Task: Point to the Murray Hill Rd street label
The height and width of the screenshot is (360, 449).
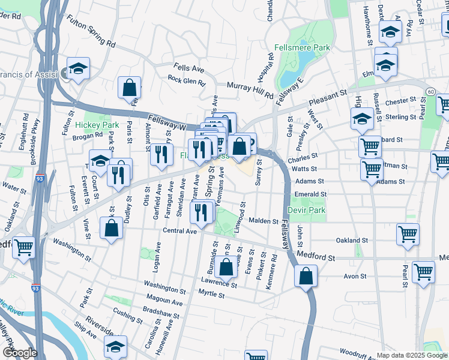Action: (250, 90)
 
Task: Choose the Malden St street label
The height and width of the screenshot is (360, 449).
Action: (264, 221)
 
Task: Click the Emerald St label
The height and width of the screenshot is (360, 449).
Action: (310, 194)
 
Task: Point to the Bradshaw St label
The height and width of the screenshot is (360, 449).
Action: (161, 311)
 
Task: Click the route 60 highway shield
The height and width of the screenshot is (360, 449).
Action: (431, 91)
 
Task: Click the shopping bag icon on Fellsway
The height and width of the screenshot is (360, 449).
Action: (306, 277)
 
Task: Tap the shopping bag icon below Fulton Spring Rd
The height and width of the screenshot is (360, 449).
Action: (129, 88)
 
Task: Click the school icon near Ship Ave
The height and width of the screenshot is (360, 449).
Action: (115, 346)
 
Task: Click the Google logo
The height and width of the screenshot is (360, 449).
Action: (20, 353)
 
